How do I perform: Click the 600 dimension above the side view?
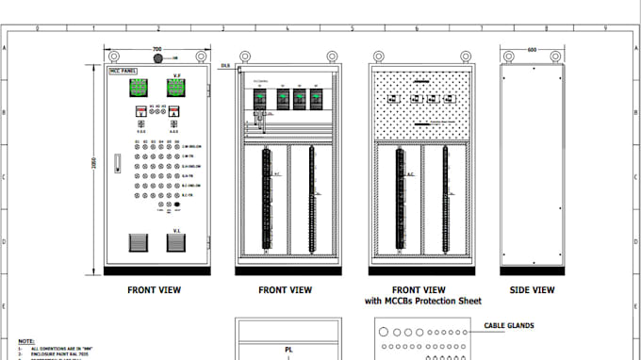(532, 49)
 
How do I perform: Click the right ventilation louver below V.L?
(175, 242)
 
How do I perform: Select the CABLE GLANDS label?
(509, 326)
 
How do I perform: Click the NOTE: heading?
(26, 341)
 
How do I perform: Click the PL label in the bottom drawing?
(288, 350)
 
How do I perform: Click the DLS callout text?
(226, 66)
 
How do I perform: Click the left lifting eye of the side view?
(506, 56)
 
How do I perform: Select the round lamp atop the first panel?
(157, 58)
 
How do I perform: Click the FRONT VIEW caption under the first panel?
(155, 290)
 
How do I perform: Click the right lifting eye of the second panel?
(330, 56)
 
